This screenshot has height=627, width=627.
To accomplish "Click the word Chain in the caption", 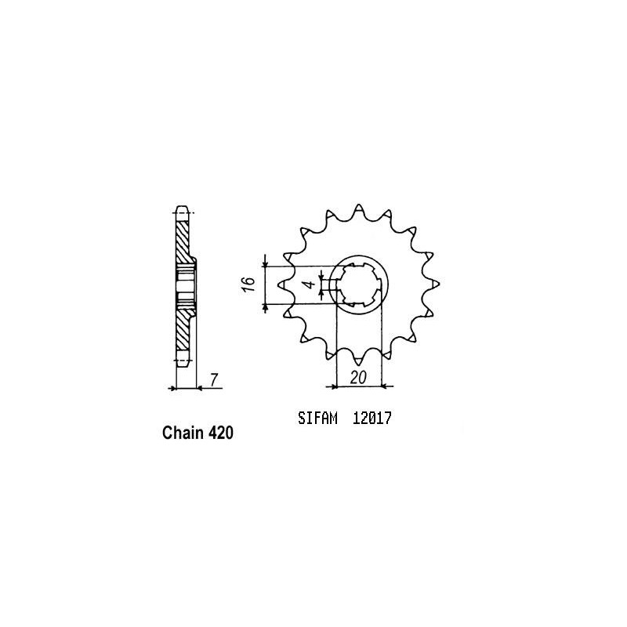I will tap(183, 433).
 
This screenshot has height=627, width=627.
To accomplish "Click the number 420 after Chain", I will tap(220, 433).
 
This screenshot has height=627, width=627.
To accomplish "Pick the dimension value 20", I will tap(358, 377).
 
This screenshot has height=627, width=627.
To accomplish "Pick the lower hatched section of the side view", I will tap(183, 329).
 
